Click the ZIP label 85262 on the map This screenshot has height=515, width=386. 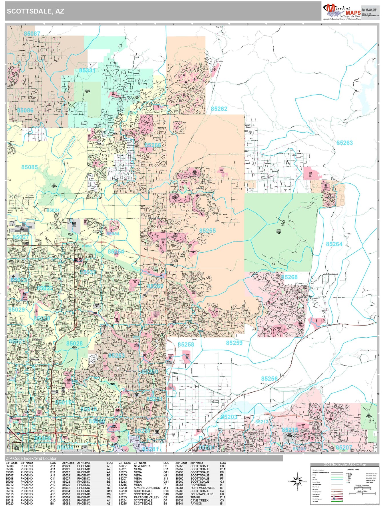[219, 109]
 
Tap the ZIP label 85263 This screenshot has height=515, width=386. [345, 142]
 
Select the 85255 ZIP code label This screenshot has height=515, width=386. [208, 231]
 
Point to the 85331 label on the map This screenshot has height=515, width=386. [87, 70]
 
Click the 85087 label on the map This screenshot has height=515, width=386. [32, 33]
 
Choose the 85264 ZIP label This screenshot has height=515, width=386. [334, 244]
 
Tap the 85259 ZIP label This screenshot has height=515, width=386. [234, 343]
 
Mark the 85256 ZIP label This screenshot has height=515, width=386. [269, 379]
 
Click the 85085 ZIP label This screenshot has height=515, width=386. [29, 167]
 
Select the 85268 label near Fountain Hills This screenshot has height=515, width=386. [289, 277]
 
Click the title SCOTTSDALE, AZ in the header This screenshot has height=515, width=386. [35, 11]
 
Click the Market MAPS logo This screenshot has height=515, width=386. [342, 11]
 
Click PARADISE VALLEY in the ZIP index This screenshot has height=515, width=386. [146, 497]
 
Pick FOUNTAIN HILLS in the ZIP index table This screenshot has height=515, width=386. [202, 494]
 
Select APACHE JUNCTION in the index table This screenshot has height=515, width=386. [147, 488]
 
